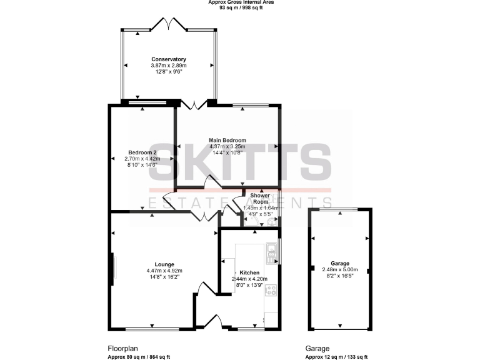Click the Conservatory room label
pos(169,59)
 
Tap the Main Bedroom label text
pos(227,140)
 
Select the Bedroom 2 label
pos(142,152)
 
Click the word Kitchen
pos(249,273)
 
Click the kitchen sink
pos(272,252)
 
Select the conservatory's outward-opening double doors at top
pos(169,25)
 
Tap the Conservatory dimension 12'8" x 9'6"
pos(169,71)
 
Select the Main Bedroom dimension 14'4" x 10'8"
pos(227,152)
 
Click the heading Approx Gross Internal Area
pos(241,2)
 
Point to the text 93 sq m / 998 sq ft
pos(241,8)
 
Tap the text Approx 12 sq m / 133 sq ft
pos(332,357)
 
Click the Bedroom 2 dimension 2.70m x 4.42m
pos(142,159)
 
